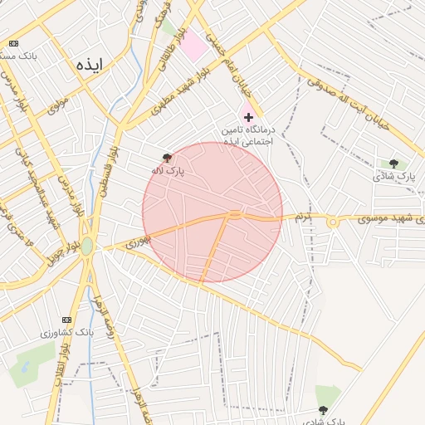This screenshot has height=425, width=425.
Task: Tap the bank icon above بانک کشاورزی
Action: [66, 320]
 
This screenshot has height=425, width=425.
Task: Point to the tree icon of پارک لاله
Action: [168, 158]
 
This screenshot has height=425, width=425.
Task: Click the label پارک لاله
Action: [168, 170]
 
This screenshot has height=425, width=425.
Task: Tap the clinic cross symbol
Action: [248, 118]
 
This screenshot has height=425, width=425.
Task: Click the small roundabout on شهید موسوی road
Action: [333, 222]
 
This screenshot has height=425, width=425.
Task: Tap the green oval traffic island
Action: [87, 247]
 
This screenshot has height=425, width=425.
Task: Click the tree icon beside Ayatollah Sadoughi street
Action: [393, 164]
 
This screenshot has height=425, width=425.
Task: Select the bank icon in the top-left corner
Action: [13, 43]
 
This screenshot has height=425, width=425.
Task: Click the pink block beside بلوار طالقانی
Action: [194, 45]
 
